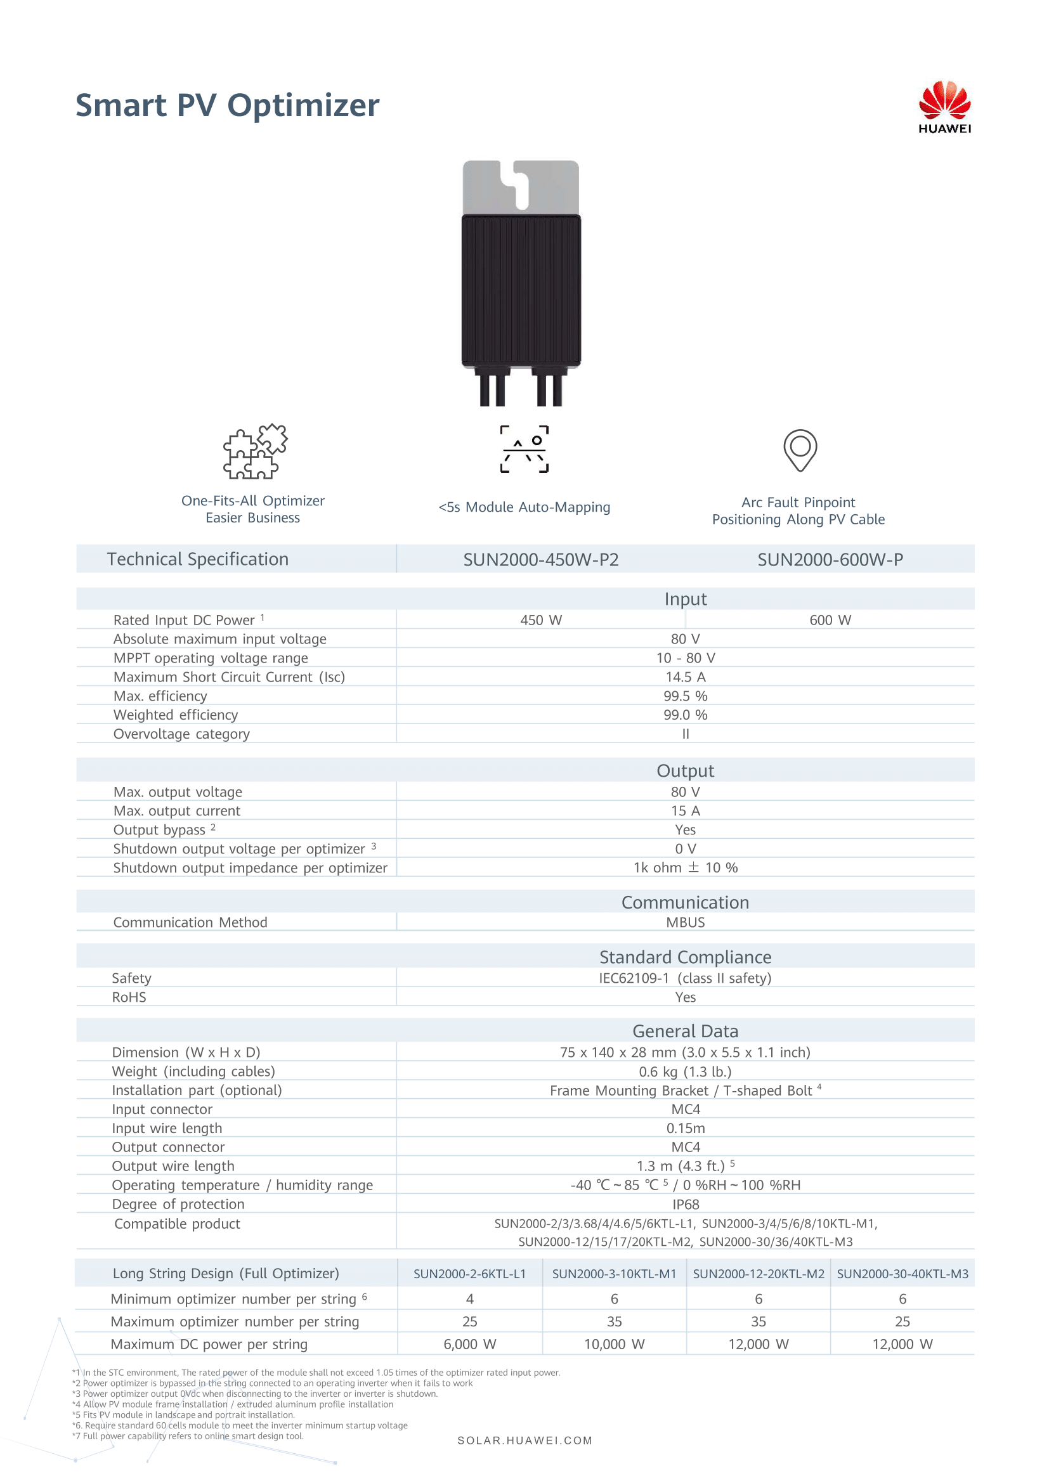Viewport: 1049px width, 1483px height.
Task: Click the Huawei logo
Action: tap(944, 107)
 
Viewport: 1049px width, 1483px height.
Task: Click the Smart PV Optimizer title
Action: tap(228, 105)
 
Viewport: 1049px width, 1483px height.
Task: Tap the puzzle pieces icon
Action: tap(255, 451)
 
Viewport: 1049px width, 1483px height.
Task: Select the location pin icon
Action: tap(800, 450)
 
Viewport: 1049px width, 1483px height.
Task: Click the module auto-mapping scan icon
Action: tap(524, 449)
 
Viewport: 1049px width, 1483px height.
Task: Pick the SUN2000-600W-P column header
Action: tap(830, 559)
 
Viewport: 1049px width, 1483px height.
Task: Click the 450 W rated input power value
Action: tap(540, 620)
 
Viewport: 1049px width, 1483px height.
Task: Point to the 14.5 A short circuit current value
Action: tap(686, 677)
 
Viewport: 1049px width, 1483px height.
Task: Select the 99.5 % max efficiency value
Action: tap(686, 696)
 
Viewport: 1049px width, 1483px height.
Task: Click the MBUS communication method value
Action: tap(686, 923)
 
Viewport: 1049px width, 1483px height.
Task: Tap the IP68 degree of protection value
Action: tap(686, 1204)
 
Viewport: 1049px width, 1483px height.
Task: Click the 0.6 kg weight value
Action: tap(685, 1072)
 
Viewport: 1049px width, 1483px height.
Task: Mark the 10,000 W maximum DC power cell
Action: tap(615, 1344)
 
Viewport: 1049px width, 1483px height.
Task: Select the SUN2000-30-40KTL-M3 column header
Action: tap(902, 1274)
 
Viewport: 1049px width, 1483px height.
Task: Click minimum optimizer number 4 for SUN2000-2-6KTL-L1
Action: tap(469, 1299)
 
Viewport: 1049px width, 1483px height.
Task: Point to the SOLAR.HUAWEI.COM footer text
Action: tap(524, 1441)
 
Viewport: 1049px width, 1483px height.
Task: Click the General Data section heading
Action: tap(685, 1031)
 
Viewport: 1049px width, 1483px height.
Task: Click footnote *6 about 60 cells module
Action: tap(240, 1425)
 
